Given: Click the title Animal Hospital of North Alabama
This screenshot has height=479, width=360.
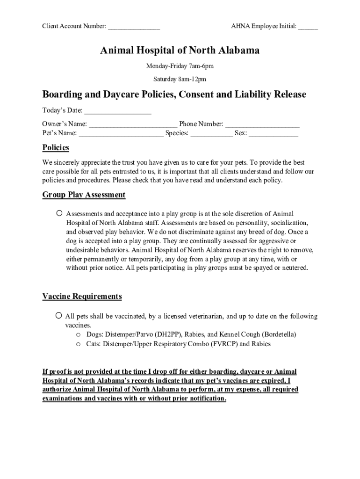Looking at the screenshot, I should pos(180,51).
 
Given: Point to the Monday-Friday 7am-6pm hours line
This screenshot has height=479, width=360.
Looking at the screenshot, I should pos(180,66).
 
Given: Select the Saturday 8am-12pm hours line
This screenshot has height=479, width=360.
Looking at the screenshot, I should pos(180,80).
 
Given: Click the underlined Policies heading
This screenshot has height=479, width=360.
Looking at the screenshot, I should pos(56,148).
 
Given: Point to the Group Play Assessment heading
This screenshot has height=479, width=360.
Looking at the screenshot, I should pos(84,195).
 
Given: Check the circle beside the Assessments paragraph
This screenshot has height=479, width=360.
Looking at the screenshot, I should pos(59,213).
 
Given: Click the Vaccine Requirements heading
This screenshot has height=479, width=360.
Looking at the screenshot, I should pos(82,297).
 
